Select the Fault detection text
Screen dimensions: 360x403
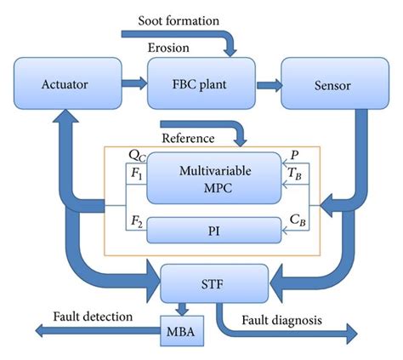(x=93, y=316)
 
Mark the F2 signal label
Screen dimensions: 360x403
(x=136, y=221)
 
